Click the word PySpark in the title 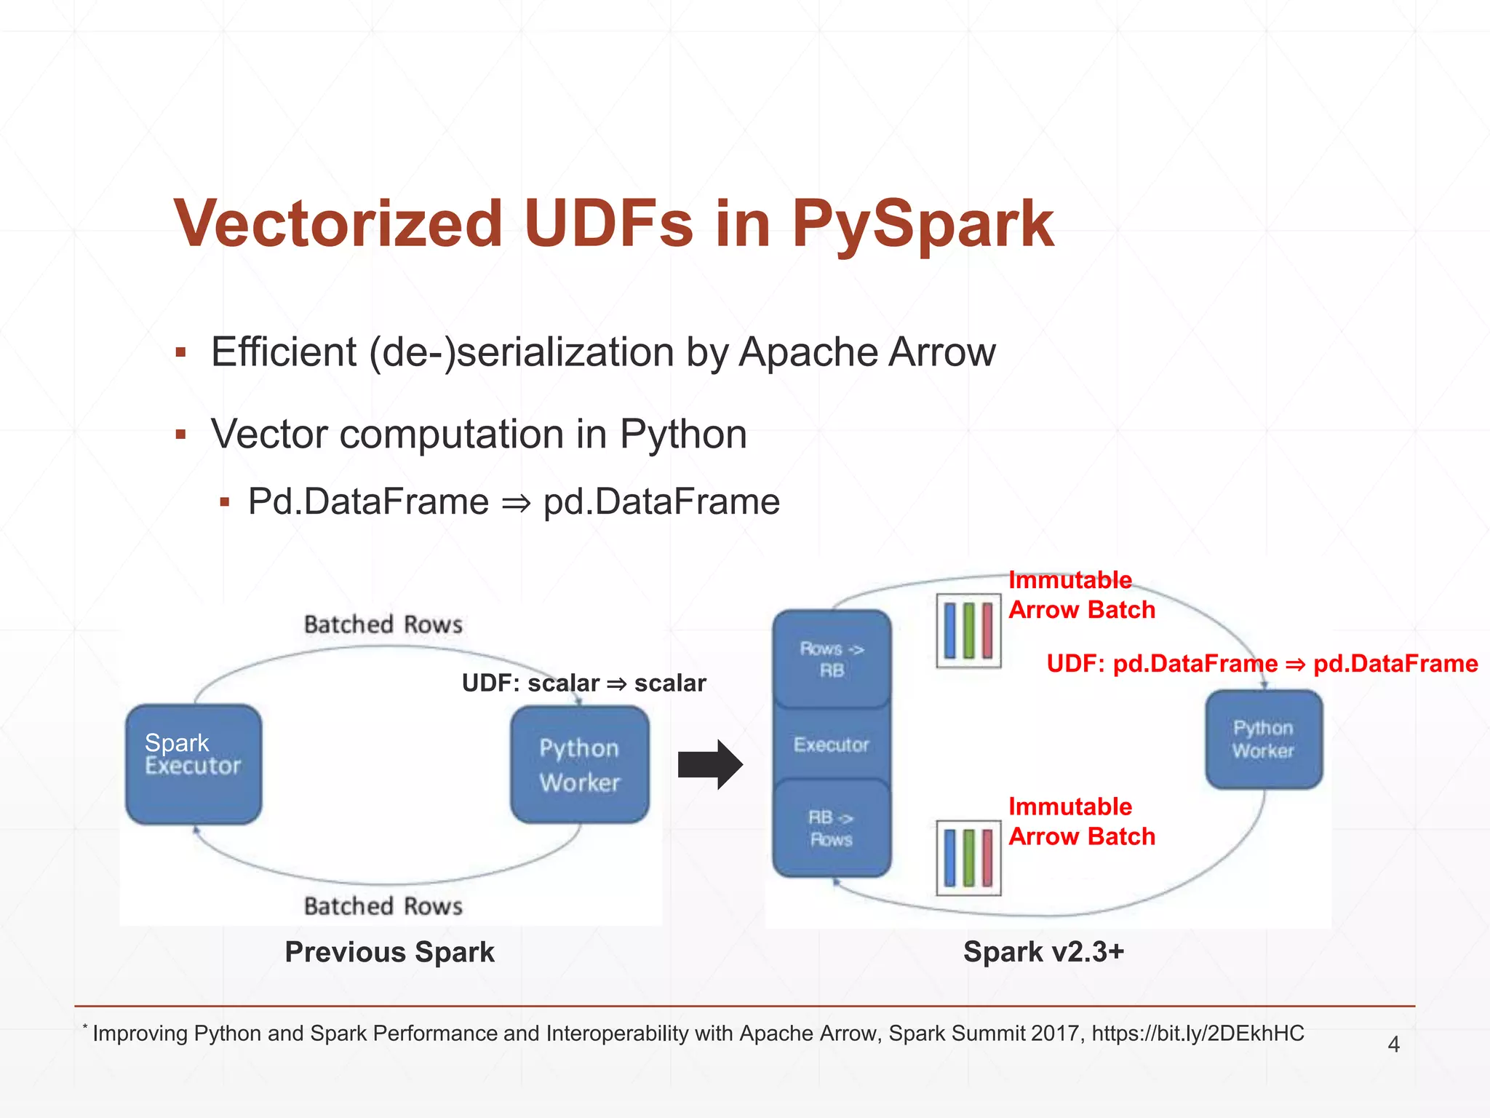[x=922, y=224]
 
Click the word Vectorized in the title [x=338, y=224]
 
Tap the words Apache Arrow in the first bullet [x=866, y=352]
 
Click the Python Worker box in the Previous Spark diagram [x=580, y=764]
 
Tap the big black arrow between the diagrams [x=709, y=764]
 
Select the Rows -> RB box [x=832, y=659]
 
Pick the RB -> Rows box [x=832, y=828]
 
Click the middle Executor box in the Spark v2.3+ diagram [x=832, y=745]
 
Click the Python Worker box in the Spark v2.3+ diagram [x=1264, y=740]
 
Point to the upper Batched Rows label [x=383, y=625]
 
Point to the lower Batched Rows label [x=383, y=906]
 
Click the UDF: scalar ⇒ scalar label [x=583, y=683]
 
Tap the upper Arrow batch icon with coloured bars [x=968, y=630]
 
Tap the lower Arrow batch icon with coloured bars [x=968, y=857]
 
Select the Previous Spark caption [x=389, y=952]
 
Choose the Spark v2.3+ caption [x=1043, y=952]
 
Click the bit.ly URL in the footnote [x=1198, y=1034]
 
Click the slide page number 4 [x=1393, y=1044]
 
